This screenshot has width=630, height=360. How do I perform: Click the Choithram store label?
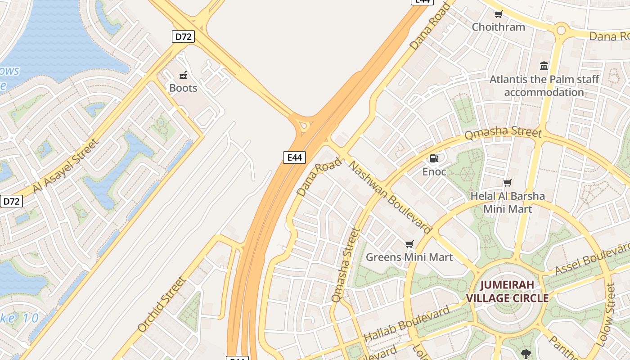(x=498, y=27)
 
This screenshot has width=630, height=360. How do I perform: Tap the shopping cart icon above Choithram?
(x=498, y=14)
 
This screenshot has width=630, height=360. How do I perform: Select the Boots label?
(x=183, y=88)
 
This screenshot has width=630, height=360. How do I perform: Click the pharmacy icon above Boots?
(x=183, y=75)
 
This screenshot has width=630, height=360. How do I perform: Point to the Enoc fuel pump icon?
(x=434, y=158)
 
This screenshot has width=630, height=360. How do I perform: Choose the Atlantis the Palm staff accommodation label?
(x=544, y=86)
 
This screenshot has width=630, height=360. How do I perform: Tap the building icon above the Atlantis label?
(x=544, y=66)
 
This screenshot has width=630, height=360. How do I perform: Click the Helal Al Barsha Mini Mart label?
(x=508, y=202)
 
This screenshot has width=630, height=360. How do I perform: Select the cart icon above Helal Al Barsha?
(x=508, y=183)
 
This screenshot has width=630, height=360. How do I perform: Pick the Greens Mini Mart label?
(x=409, y=257)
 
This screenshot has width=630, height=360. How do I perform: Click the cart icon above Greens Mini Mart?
(x=409, y=244)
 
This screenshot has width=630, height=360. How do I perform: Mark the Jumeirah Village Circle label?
(x=507, y=291)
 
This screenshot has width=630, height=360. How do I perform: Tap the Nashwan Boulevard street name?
(x=390, y=197)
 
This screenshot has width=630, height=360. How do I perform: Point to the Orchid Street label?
(x=162, y=304)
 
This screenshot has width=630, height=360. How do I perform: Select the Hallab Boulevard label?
(x=407, y=323)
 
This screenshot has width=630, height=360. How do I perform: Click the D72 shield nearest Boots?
(x=183, y=36)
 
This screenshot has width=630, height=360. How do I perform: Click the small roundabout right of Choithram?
(x=561, y=31)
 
